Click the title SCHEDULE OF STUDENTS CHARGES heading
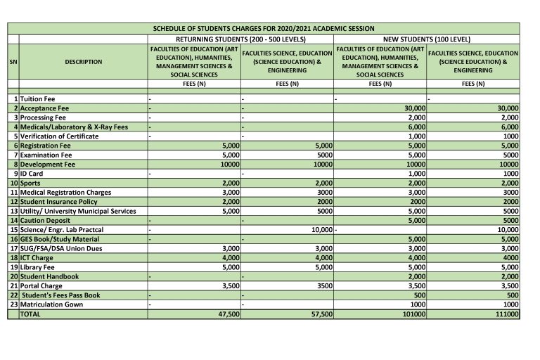coord(264,28)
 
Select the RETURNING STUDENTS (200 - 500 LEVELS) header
coord(240,39)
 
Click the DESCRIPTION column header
coord(83,62)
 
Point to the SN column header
coord(13,62)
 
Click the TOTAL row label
coord(32,314)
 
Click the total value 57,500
coord(322,314)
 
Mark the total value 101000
coord(413,314)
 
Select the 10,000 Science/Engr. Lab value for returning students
coord(321,230)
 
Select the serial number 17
coord(13,248)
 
